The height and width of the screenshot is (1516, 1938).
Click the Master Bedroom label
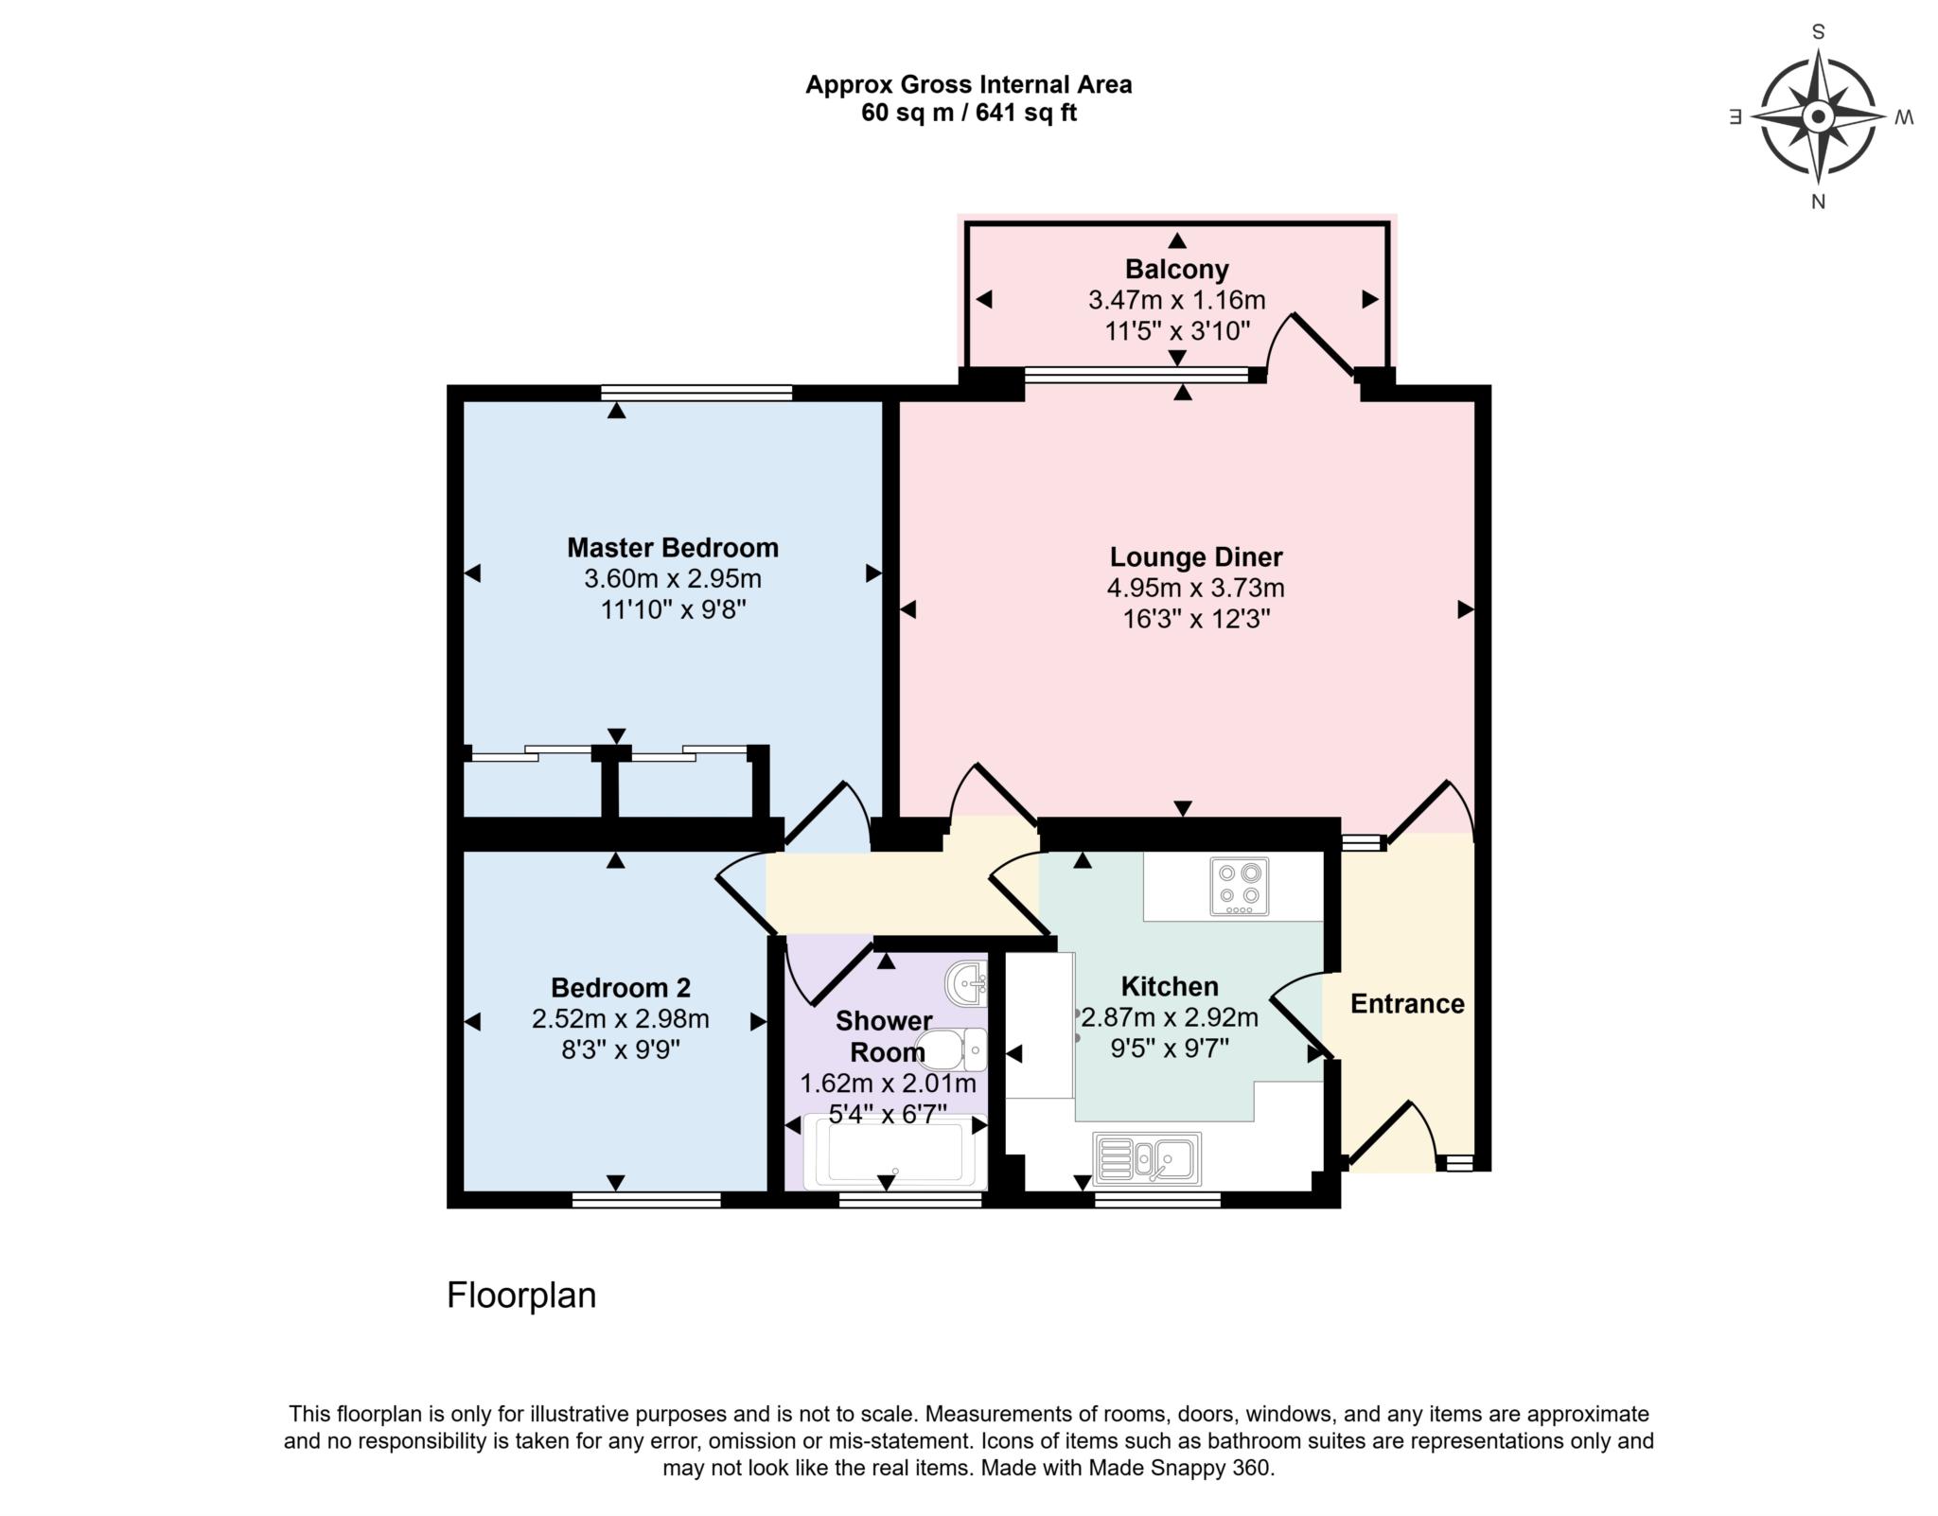point(672,548)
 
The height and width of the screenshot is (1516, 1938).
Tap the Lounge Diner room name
point(1195,556)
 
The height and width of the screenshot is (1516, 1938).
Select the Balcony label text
point(1176,270)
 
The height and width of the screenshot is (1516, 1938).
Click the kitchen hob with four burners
point(1239,887)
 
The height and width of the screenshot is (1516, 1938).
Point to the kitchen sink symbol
point(1147,1158)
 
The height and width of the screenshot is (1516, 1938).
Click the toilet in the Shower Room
point(952,1049)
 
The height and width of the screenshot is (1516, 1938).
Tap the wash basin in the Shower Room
point(965,983)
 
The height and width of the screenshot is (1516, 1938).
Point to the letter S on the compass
point(1818,32)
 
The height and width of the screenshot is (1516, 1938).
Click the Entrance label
point(1406,1004)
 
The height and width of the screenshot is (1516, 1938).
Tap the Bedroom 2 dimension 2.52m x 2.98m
point(620,1019)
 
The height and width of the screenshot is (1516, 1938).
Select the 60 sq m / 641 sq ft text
point(968,114)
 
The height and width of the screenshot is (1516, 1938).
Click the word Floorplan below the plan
point(521,1296)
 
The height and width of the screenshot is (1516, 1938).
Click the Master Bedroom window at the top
point(696,392)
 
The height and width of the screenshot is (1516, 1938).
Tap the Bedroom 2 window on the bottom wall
point(646,1200)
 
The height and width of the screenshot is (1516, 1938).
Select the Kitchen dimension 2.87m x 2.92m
point(1170,1018)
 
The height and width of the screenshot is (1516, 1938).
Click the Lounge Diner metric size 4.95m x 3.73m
point(1195,589)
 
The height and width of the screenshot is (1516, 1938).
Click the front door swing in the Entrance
point(1391,1134)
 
